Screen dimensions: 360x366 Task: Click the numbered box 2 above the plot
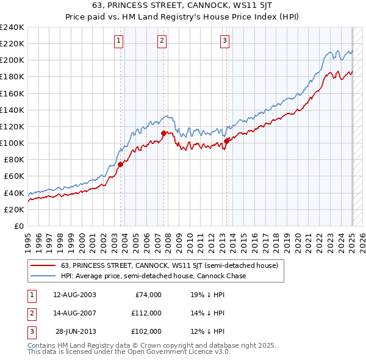tap(162, 41)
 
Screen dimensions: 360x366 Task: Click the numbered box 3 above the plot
tap(224, 41)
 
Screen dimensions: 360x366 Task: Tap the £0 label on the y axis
tap(18, 226)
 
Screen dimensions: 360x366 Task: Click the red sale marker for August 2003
tap(120, 164)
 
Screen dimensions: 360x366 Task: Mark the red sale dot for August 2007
tap(163, 133)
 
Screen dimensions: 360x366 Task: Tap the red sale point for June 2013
tap(226, 141)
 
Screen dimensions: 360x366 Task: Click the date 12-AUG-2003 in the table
tap(74, 294)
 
